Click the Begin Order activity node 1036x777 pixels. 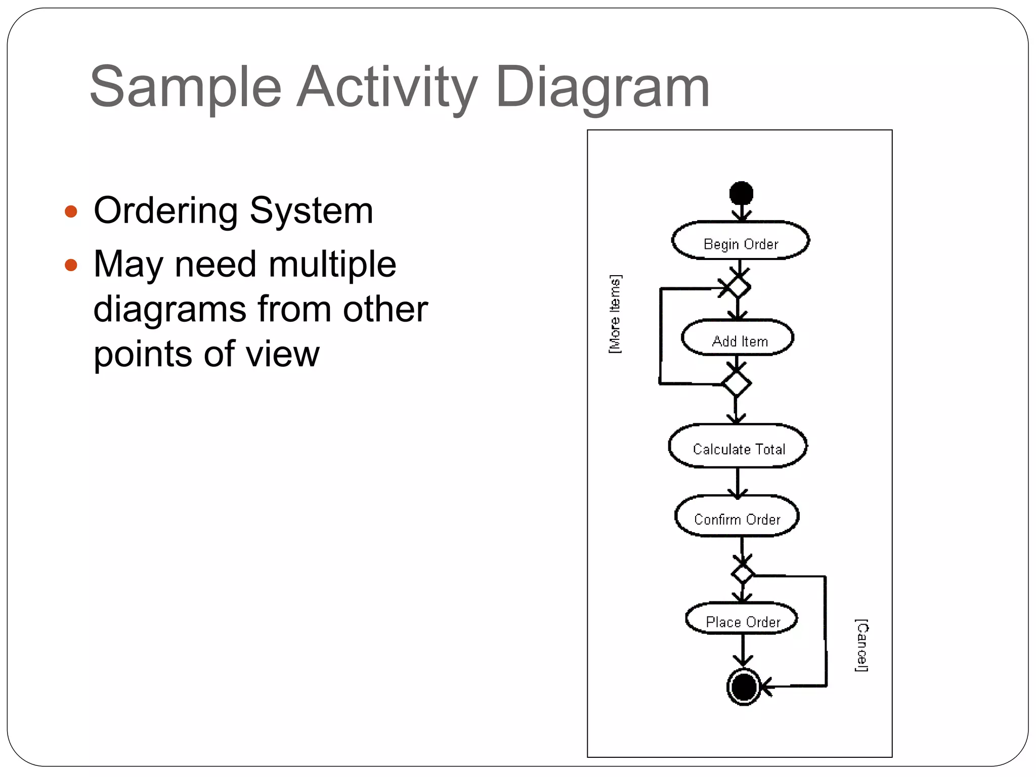[x=740, y=241]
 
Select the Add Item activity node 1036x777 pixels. [x=738, y=338]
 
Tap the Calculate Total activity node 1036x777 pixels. [x=738, y=447]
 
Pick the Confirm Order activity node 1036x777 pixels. [x=737, y=517]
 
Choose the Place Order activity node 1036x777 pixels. [x=742, y=619]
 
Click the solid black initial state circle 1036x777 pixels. [x=741, y=193]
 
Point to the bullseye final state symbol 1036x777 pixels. [x=744, y=687]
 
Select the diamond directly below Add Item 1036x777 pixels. [x=737, y=384]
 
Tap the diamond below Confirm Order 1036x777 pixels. [x=743, y=574]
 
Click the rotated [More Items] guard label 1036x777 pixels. [x=615, y=314]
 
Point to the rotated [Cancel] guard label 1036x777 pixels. [x=861, y=645]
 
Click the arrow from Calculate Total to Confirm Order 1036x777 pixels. [x=738, y=483]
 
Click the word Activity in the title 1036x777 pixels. [x=387, y=87]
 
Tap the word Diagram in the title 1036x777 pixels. [x=603, y=87]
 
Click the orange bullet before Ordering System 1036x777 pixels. [x=71, y=211]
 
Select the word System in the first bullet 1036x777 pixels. [x=311, y=210]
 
